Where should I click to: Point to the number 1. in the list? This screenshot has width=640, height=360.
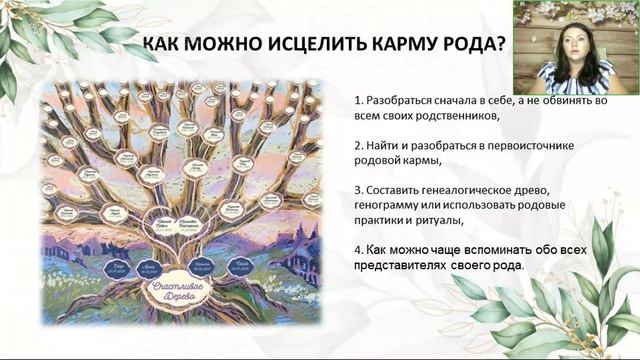358,100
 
